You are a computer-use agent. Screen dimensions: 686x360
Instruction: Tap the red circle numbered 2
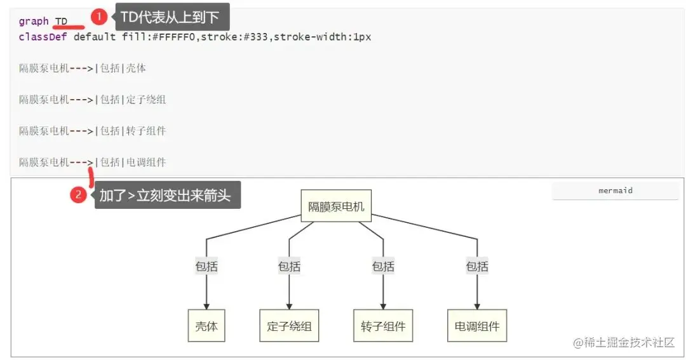[78, 195]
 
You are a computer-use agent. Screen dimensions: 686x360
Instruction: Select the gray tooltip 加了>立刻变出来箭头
[168, 196]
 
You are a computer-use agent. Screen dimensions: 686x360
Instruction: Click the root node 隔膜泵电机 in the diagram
[336, 206]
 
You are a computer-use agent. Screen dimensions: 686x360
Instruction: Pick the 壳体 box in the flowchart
[206, 326]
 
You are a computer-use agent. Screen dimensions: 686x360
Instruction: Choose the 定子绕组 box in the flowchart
[289, 326]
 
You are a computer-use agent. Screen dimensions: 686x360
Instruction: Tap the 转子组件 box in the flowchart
[383, 326]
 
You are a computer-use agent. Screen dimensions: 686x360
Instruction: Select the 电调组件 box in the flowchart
[477, 326]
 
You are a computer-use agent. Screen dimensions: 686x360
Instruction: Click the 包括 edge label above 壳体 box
[206, 267]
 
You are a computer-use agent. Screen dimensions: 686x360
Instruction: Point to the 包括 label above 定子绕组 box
[289, 267]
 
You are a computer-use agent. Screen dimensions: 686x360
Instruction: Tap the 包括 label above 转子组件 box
[383, 267]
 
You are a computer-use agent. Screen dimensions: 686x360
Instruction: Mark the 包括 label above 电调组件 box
[477, 267]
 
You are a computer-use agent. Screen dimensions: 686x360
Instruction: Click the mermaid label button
[615, 190]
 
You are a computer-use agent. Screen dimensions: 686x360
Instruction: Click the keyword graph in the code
[34, 22]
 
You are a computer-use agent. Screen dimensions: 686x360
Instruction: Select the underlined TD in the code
[62, 22]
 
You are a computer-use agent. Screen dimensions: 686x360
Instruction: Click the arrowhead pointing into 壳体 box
[206, 306]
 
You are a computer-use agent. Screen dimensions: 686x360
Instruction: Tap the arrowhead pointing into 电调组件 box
[477, 306]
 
